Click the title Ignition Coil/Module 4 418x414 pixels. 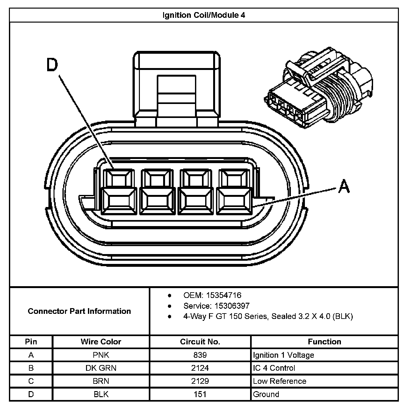pos(204,15)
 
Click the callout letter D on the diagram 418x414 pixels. pos(52,65)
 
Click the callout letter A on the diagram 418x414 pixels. pos(344,186)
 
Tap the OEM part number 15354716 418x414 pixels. pos(224,295)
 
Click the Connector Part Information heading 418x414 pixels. pos(79,311)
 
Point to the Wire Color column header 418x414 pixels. pos(101,342)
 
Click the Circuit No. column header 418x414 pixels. pos(200,342)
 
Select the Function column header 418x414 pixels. pos(324,342)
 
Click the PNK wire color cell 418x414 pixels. pos(101,355)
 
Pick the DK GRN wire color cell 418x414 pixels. pos(101,368)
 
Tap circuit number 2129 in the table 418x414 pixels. pos(200,381)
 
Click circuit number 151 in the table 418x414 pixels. pos(200,394)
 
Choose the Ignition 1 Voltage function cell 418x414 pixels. pos(283,355)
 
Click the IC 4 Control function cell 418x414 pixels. pos(274,368)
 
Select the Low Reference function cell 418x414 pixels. pos(279,381)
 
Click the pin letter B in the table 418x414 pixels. pos(31,368)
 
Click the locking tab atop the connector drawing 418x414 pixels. pos(177,86)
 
